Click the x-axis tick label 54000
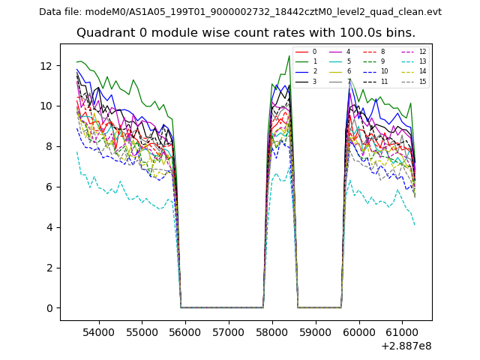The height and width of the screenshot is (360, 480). click(97, 331)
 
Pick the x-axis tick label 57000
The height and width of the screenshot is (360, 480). click(228, 331)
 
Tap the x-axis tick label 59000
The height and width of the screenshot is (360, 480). click(315, 331)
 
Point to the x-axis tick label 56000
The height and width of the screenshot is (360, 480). click(184, 331)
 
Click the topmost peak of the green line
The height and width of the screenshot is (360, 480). click(289, 55)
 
